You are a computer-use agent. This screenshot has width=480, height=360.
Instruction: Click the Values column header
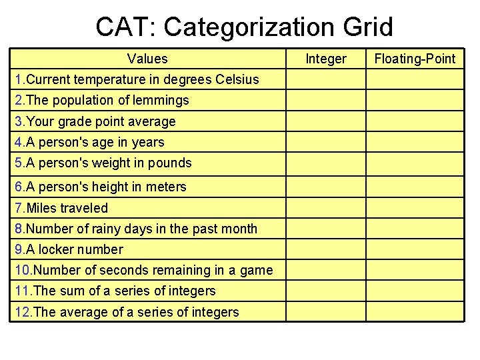147,59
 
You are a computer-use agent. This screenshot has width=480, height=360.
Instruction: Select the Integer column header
326,59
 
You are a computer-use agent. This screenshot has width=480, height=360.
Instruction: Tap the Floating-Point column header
415,59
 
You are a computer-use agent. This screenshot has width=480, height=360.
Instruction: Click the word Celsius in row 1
237,80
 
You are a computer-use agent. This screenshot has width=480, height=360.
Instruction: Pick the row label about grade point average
95,121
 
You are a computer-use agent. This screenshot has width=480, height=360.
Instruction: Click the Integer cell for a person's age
326,142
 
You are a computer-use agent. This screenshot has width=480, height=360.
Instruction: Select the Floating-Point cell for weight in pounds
415,163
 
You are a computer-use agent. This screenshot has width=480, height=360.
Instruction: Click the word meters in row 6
168,187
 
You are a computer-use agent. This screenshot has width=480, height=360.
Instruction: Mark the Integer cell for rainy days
326,229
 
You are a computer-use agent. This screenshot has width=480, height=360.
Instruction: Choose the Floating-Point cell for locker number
415,249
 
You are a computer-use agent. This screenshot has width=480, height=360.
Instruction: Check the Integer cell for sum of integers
326,291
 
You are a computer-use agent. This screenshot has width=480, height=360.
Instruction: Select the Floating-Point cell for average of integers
415,312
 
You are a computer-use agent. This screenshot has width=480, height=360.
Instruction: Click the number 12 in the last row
22,312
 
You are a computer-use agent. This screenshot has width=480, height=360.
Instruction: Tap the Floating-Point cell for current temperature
415,80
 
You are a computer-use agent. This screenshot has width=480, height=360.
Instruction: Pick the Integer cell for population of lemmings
326,101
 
